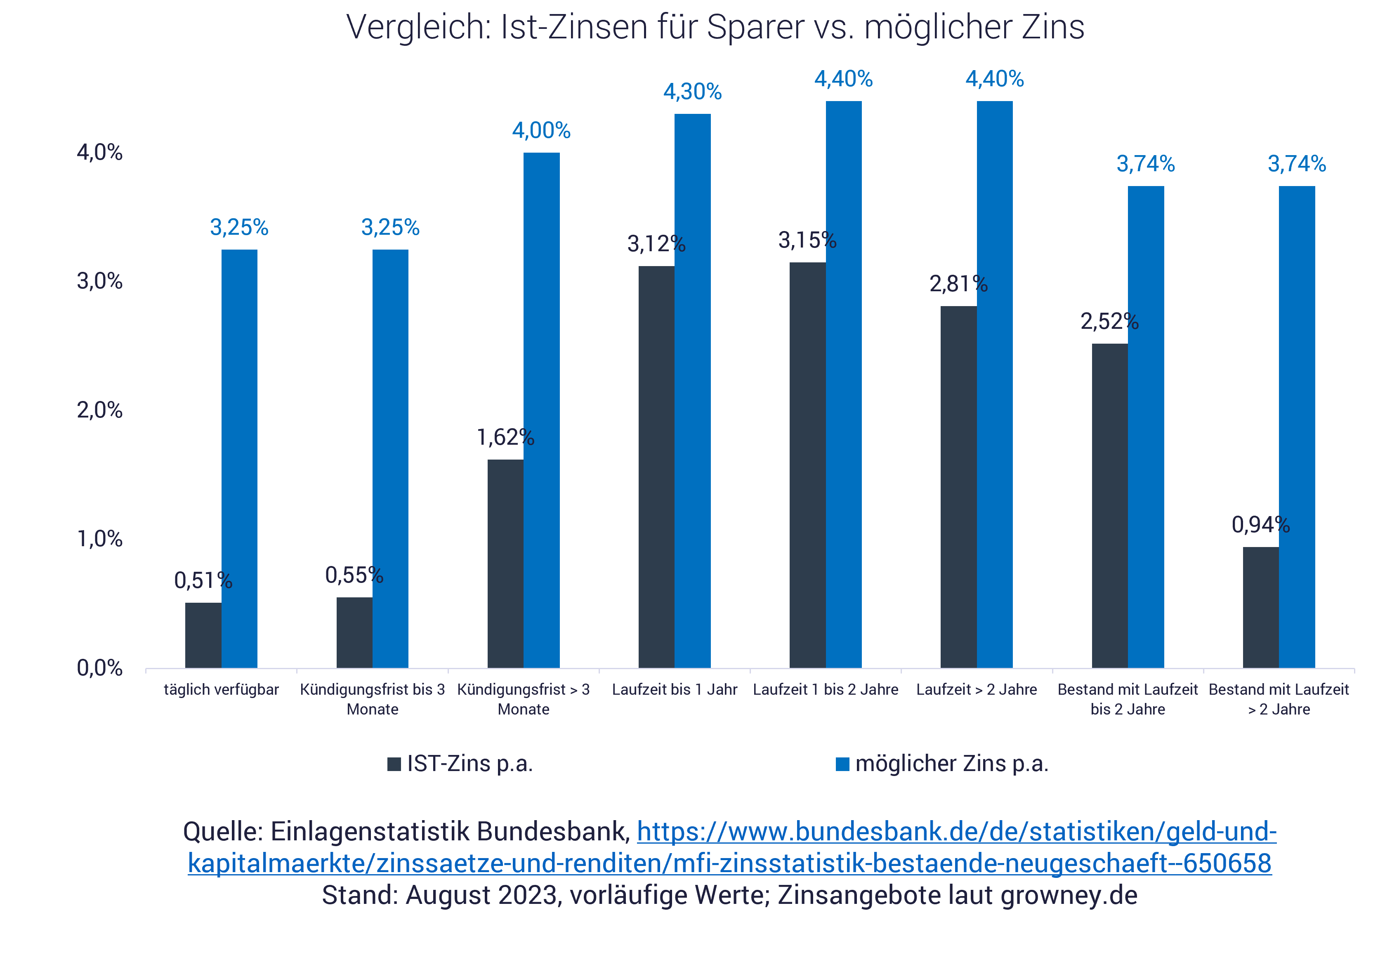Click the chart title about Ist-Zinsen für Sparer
pyautogui.click(x=715, y=27)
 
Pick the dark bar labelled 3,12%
pyautogui.click(x=656, y=467)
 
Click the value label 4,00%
pyautogui.click(x=541, y=131)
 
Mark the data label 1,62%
pyautogui.click(x=505, y=437)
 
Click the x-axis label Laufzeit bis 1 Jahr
pyautogui.click(x=675, y=689)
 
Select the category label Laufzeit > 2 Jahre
pyautogui.click(x=976, y=689)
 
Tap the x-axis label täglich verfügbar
pyautogui.click(x=221, y=689)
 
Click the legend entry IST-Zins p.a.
pyautogui.click(x=460, y=764)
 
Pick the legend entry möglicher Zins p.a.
pyautogui.click(x=942, y=764)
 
